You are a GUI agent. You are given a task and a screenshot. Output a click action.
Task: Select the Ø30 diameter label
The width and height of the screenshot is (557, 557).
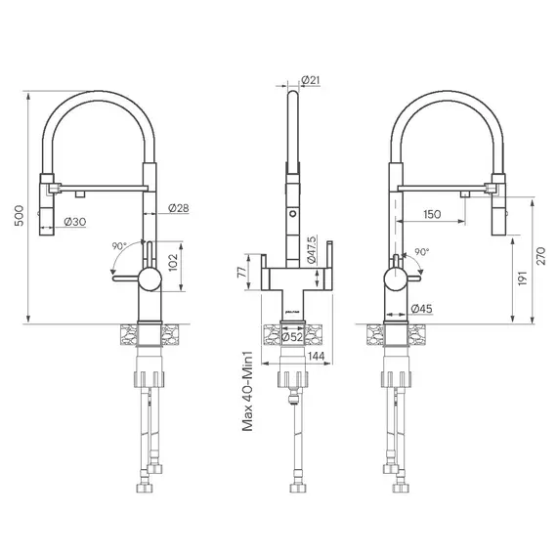click(x=75, y=222)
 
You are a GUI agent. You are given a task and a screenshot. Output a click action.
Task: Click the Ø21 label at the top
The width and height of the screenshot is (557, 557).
click(x=312, y=79)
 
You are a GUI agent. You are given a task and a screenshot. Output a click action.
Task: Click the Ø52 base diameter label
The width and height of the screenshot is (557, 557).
click(x=290, y=337)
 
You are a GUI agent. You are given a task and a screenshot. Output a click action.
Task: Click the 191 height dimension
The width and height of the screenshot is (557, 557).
click(x=523, y=278)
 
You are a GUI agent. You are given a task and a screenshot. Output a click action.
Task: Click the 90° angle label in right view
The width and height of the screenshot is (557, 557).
click(x=422, y=251)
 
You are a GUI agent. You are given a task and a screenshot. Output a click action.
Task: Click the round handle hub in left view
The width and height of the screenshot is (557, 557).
click(x=147, y=280)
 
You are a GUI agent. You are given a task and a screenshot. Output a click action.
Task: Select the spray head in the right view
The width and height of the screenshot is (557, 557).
click(x=498, y=205)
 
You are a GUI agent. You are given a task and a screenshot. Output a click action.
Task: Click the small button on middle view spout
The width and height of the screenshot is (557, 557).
click(x=291, y=211)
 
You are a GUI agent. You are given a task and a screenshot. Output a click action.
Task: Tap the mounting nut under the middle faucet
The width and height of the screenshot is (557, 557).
click(x=291, y=378)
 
